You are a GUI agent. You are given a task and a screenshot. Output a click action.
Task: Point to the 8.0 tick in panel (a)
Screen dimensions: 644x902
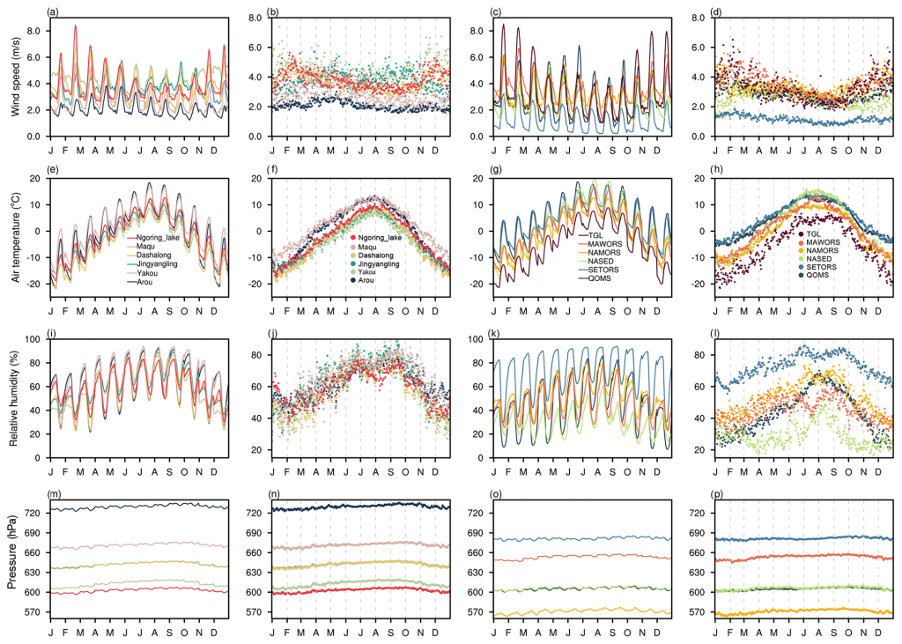pyautogui.click(x=33, y=30)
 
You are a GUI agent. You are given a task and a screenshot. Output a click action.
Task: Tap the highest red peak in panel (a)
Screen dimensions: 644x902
pyautogui.click(x=75, y=26)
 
